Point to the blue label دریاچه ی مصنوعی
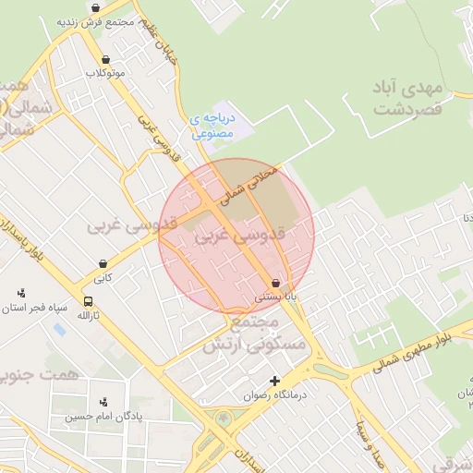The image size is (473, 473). pos(212,127)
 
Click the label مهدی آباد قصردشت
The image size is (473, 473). pos(409,98)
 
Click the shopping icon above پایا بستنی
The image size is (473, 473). pos(275,283)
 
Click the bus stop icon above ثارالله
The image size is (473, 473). pos(88,301)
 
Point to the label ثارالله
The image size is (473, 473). pos(88,316)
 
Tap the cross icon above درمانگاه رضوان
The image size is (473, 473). pos(274,380)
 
